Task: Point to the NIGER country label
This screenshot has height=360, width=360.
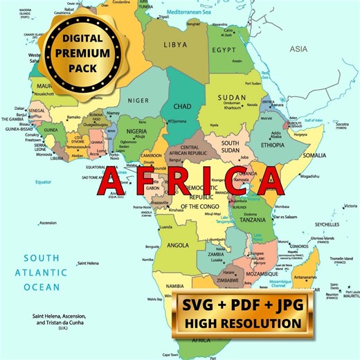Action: [x=139, y=100]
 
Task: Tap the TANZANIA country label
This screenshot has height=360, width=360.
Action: [x=252, y=219]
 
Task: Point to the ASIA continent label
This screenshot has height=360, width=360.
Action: [x=299, y=49]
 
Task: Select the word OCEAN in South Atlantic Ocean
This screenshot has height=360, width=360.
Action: [x=42, y=286]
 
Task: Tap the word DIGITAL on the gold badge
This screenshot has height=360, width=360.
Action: [x=81, y=39]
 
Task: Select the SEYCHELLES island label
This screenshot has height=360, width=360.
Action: [x=327, y=224]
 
